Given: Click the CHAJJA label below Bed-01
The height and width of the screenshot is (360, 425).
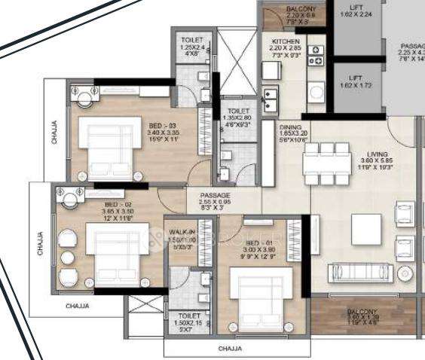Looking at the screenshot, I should pyautogui.click(x=230, y=349).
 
